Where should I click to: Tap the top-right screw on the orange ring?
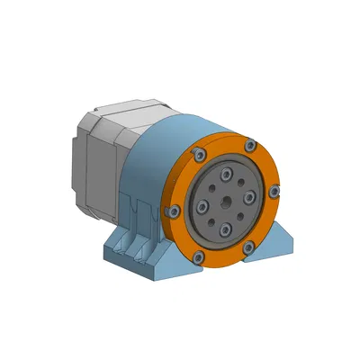250,146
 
